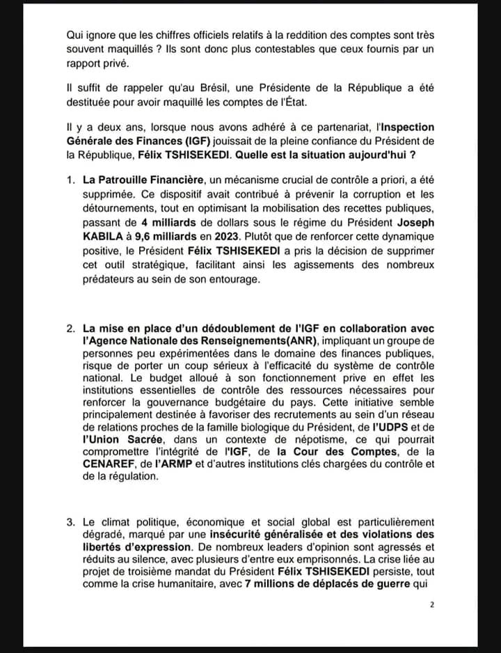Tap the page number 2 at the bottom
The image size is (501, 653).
point(432,605)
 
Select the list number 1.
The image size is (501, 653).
point(71,180)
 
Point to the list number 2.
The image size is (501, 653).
point(71,329)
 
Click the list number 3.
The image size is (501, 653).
point(71,522)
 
